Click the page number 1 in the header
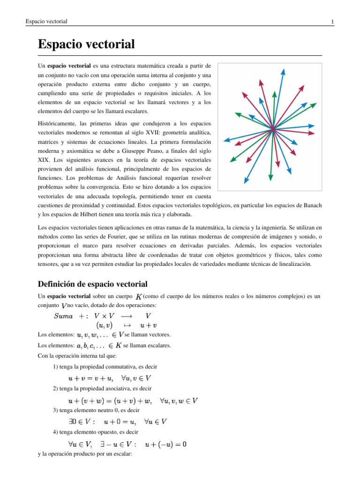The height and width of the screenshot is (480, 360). pyautogui.click(x=332, y=22)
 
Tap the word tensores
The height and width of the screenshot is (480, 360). pyautogui.click(x=49, y=264)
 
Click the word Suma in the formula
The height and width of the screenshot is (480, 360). pyautogui.click(x=63, y=316)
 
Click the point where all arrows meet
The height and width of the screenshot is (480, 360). pyautogui.click(x=272, y=131)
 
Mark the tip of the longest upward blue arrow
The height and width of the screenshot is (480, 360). pyautogui.click(x=283, y=70)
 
